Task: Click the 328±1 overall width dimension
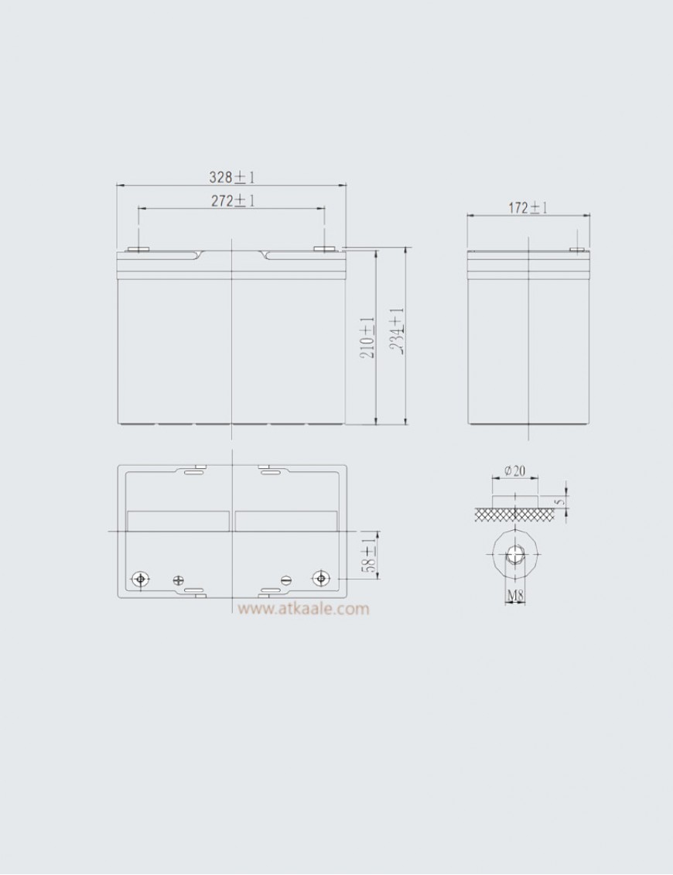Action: tap(231, 177)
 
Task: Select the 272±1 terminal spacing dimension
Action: tap(233, 200)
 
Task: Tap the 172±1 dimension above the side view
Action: tap(528, 208)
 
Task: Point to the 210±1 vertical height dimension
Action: tap(367, 337)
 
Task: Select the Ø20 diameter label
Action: tap(514, 470)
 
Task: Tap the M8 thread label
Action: tap(515, 596)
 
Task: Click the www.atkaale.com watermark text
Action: tap(303, 609)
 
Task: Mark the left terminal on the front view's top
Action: tap(138, 250)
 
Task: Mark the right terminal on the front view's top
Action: tap(324, 250)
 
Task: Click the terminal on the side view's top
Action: tap(577, 250)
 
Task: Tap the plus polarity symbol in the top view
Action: tap(179, 579)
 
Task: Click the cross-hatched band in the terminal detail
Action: tap(514, 513)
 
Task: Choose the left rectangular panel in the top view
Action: tap(178, 521)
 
